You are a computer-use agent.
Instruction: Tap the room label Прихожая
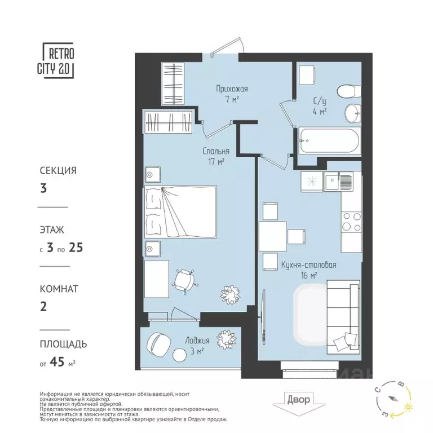coord(232,89)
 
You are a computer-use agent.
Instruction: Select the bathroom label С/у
coord(320,102)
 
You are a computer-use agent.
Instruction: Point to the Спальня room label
coord(216,152)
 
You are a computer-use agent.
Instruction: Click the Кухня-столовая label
coord(308,264)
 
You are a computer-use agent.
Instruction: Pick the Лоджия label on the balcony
coord(197,341)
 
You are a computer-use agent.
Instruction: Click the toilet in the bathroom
coord(344,91)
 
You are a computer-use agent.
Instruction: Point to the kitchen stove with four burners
coord(351,220)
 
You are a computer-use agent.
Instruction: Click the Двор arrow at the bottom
coord(298,401)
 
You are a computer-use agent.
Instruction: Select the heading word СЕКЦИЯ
coord(58,170)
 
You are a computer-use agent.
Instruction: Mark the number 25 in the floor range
coord(77,246)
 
